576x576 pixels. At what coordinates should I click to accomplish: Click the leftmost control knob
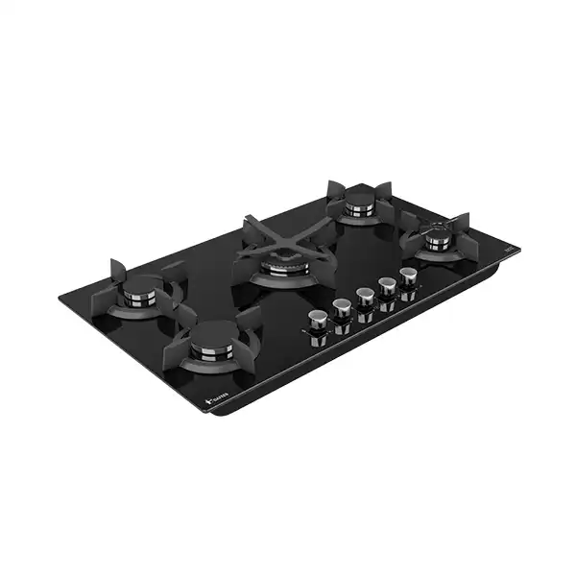pyautogui.click(x=316, y=321)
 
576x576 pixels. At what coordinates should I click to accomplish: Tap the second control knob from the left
pyautogui.click(x=341, y=308)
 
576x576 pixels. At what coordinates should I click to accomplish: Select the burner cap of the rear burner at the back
pyautogui.click(x=360, y=202)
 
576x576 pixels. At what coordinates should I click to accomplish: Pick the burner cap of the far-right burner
pyautogui.click(x=439, y=233)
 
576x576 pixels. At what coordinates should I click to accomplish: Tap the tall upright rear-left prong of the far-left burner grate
pyautogui.click(x=117, y=271)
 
